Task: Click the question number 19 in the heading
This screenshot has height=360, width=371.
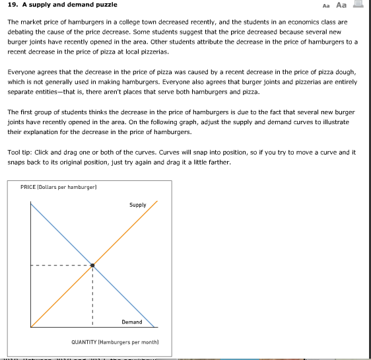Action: pyautogui.click(x=12, y=5)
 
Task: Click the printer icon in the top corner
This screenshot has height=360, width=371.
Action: pyautogui.click(x=360, y=5)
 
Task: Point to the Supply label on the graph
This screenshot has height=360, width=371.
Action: pyautogui.click(x=138, y=205)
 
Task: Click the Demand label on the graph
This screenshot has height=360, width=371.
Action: pyautogui.click(x=132, y=322)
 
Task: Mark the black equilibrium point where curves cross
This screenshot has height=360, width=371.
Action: pyautogui.click(x=92, y=266)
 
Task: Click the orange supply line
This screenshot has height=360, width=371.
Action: pyautogui.click(x=125, y=233)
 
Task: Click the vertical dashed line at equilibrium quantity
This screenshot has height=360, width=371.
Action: pyautogui.click(x=92, y=297)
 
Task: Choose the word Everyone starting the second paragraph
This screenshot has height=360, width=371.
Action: pyautogui.click(x=21, y=73)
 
